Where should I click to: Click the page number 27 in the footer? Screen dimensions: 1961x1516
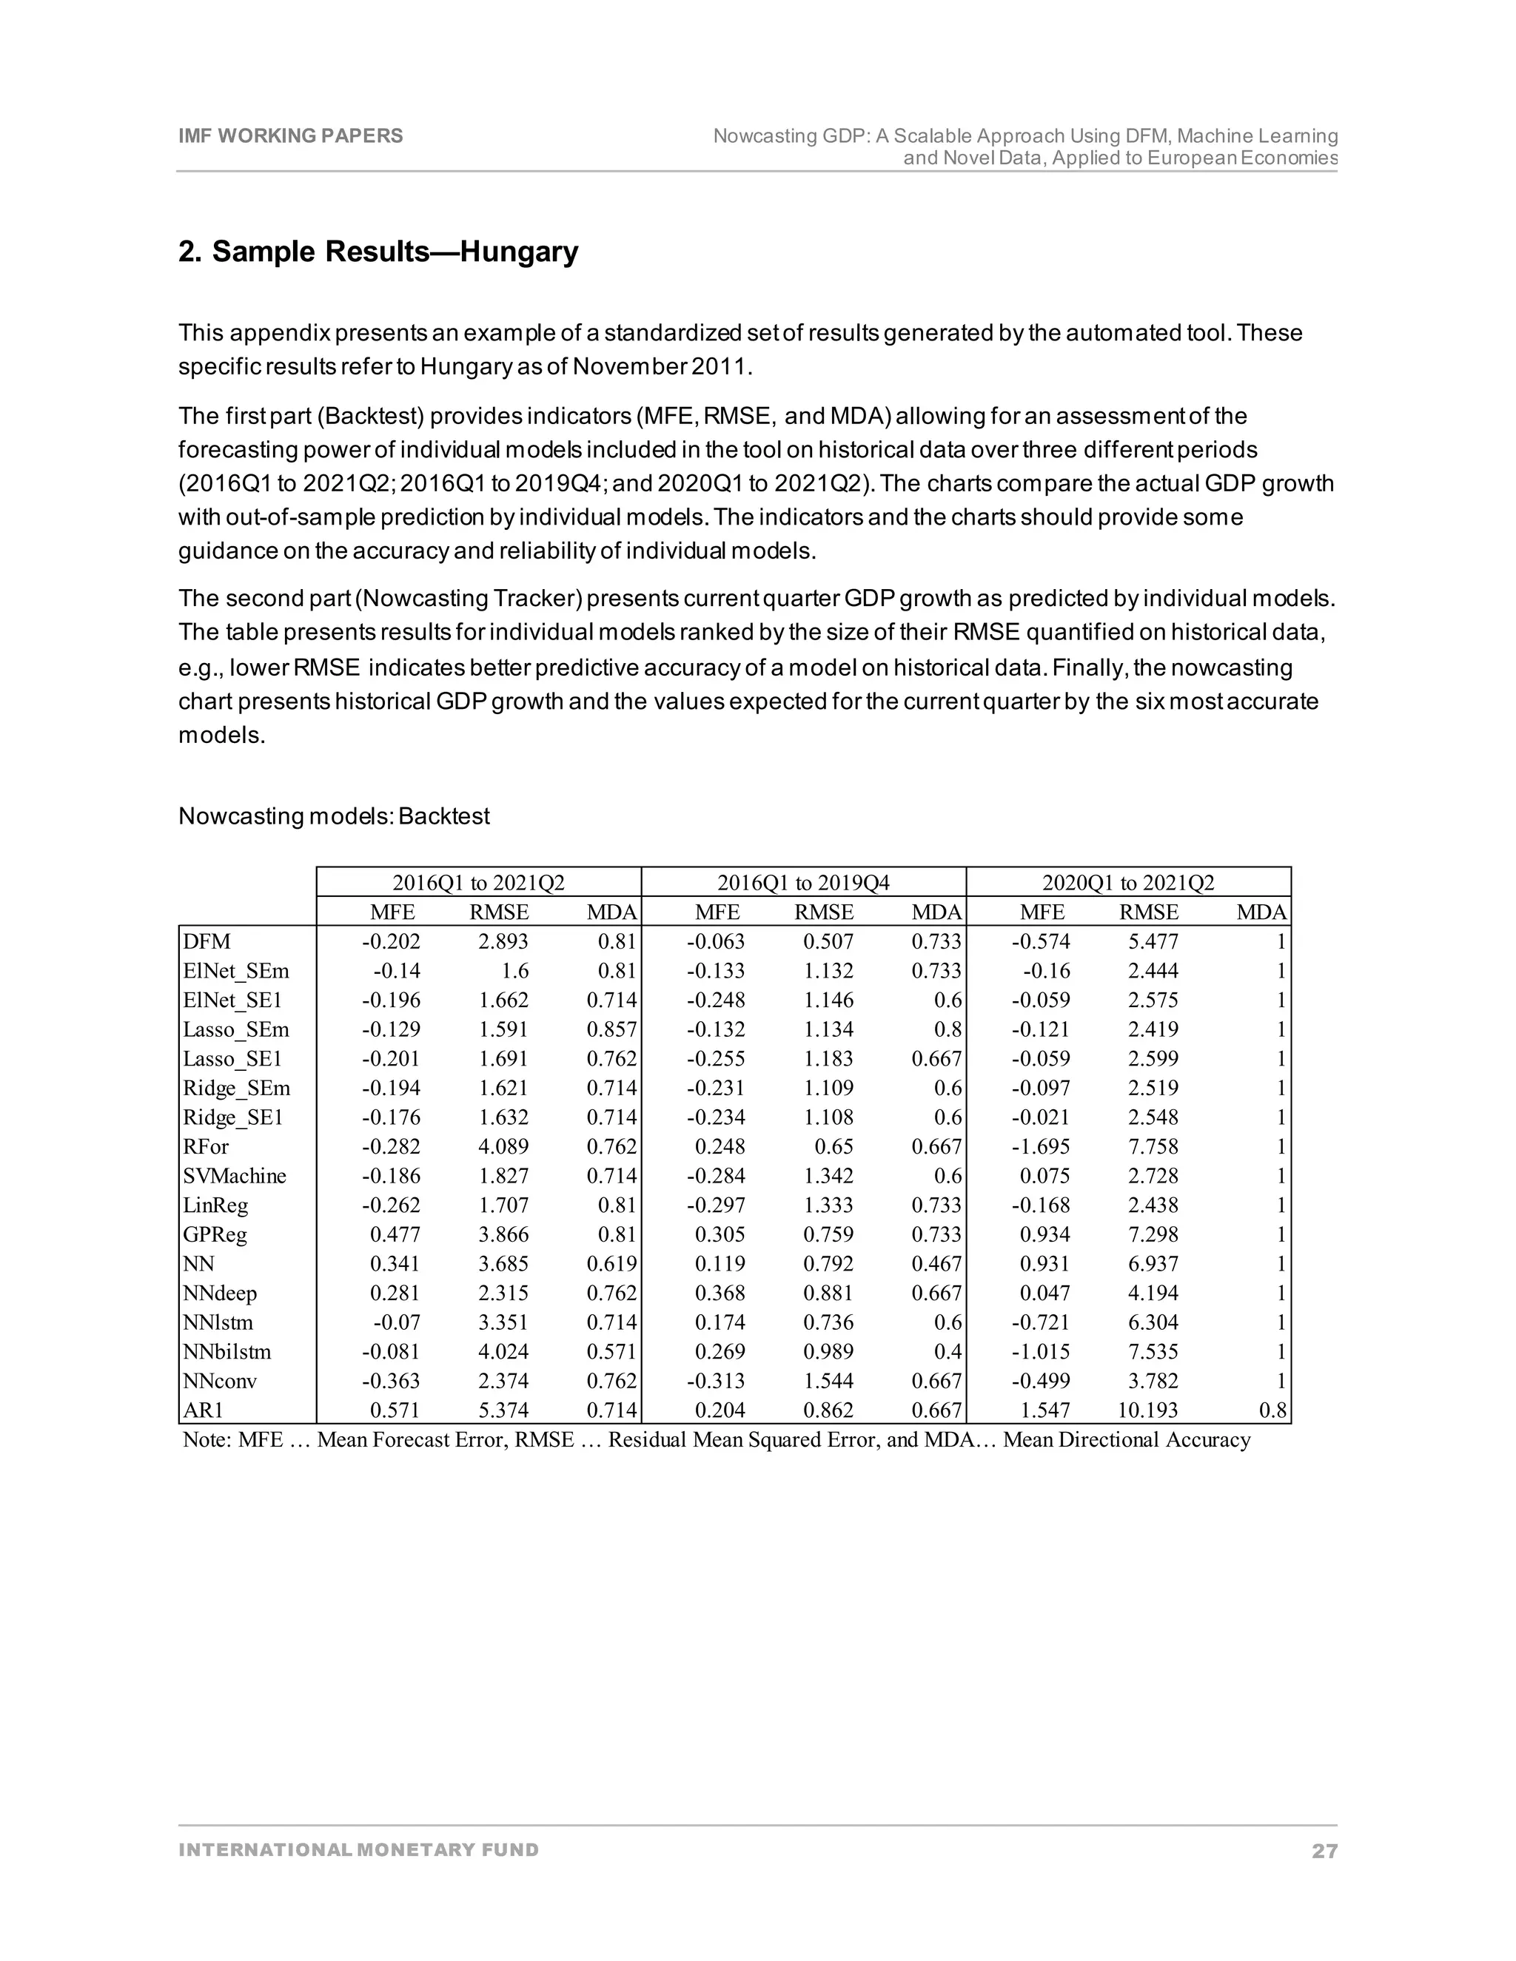1324,1851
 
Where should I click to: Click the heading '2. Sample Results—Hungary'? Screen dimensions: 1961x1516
378,252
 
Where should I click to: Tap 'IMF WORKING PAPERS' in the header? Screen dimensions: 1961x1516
291,135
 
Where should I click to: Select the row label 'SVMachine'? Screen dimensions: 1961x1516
235,1177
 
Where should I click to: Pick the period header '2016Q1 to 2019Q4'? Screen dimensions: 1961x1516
803,883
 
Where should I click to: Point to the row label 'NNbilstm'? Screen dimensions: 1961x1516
227,1352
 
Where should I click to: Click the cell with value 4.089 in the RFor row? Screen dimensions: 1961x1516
504,1146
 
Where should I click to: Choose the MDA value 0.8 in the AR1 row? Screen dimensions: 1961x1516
1272,1410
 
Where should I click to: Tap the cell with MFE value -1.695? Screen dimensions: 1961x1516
1041,1146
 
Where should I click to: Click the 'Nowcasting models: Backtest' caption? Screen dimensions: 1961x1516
334,816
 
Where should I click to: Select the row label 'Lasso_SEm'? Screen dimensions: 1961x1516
236,1030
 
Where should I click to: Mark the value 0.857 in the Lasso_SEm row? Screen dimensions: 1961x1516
611,1030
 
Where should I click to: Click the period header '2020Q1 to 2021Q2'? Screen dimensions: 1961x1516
1128,883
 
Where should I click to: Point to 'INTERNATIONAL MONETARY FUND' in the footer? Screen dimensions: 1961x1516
358,1850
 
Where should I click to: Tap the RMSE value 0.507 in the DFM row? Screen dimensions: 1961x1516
828,942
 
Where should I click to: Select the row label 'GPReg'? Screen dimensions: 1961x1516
215,1234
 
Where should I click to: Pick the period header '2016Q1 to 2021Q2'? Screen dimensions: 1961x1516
479,883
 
